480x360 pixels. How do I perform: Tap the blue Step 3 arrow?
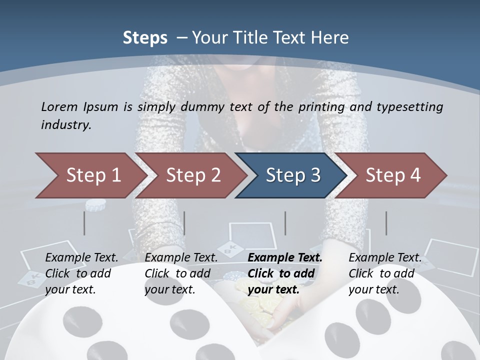click(x=293, y=175)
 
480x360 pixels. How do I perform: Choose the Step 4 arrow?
click(x=393, y=175)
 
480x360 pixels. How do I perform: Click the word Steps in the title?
click(x=145, y=37)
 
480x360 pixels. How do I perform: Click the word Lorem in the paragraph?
click(x=59, y=106)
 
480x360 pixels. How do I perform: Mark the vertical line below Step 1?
click(x=84, y=223)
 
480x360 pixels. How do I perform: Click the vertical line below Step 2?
click(x=184, y=223)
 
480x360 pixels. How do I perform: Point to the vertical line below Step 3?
click(x=285, y=223)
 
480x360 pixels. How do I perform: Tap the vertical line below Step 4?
click(x=386, y=223)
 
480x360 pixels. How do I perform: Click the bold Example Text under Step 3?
click(x=285, y=258)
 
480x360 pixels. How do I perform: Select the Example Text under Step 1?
click(x=81, y=258)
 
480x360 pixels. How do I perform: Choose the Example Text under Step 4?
click(x=385, y=258)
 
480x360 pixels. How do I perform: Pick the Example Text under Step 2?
click(x=181, y=258)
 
